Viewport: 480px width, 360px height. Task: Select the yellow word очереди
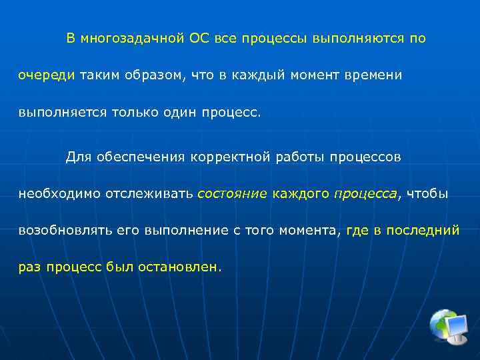pyautogui.click(x=46, y=75)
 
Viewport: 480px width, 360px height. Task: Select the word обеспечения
pyautogui.click(x=137, y=157)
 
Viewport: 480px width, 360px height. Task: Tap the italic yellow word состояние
pyautogui.click(x=231, y=194)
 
